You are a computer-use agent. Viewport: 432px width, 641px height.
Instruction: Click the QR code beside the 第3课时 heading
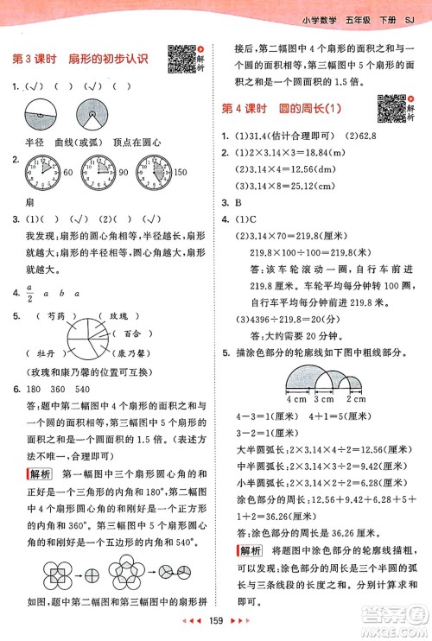179,57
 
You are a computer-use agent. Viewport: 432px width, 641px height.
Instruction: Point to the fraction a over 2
29,293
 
